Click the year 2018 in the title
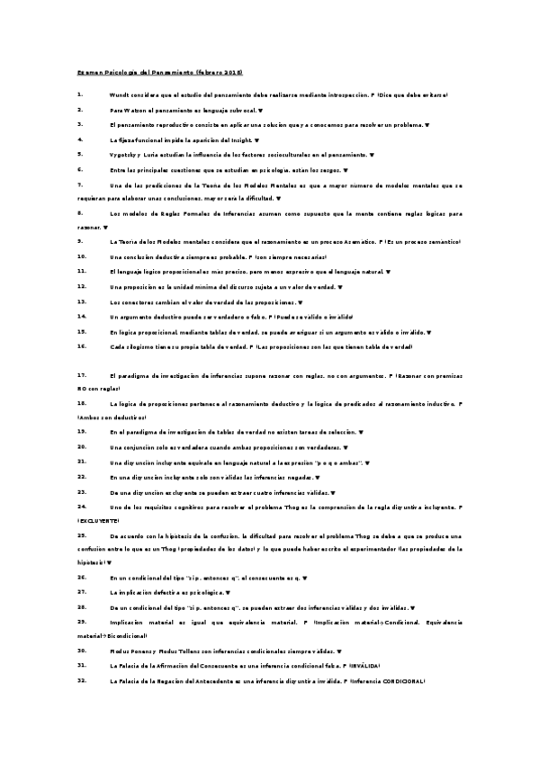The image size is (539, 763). coord(231,71)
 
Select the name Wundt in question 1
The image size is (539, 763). coord(120,94)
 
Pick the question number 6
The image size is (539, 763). coord(80,169)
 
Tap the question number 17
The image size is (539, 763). coord(82,374)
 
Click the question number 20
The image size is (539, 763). coord(82,446)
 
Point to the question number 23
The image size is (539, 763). coord(82,492)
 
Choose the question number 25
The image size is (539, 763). coord(82,535)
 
